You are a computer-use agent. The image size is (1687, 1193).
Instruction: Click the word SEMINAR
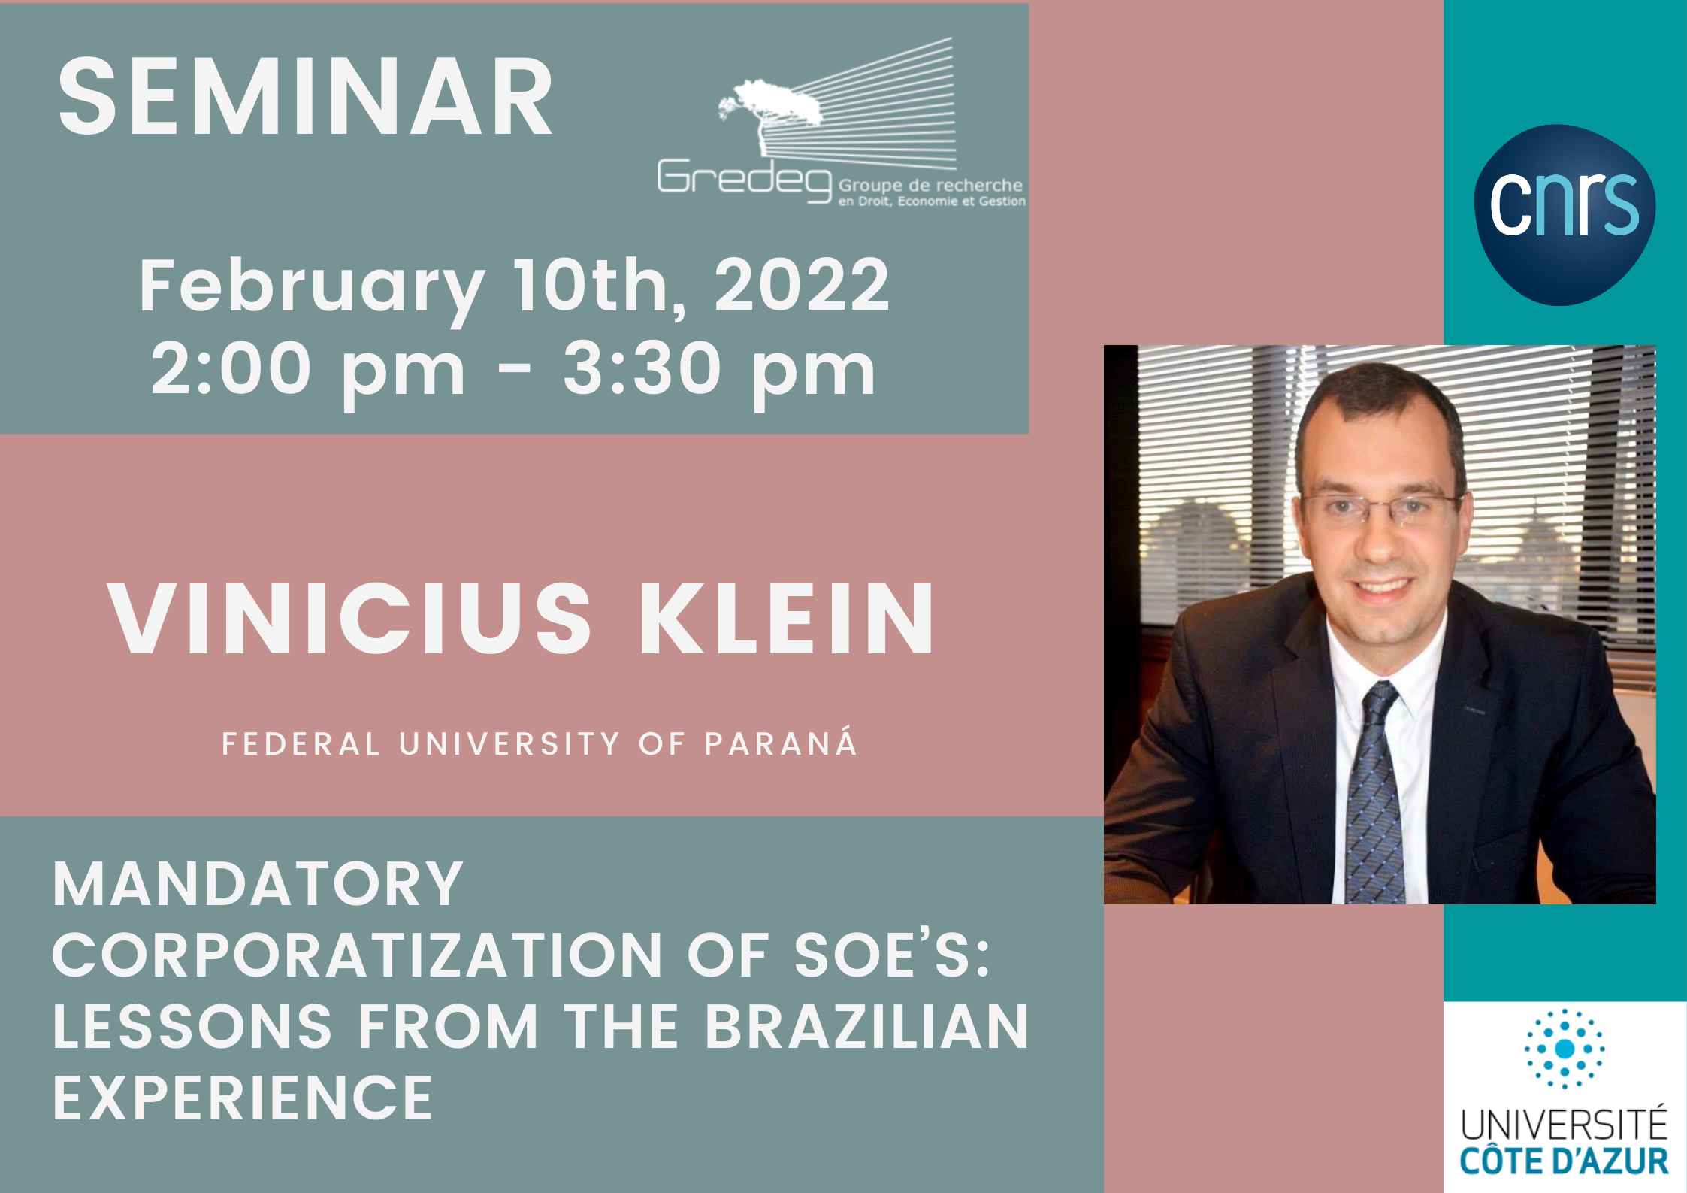[305, 98]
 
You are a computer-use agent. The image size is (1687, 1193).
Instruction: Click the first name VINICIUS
[350, 619]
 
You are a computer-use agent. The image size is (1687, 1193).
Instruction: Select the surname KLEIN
[786, 619]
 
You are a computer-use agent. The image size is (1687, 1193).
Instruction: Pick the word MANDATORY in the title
[258, 884]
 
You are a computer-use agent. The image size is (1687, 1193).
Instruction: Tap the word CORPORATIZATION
[357, 955]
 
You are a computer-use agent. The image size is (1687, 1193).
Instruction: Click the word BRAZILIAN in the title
[866, 1027]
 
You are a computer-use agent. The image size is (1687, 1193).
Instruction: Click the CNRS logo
[1565, 215]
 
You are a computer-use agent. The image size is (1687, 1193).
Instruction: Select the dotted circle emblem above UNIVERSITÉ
[1565, 1049]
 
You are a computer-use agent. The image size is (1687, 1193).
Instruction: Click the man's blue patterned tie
[1373, 793]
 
